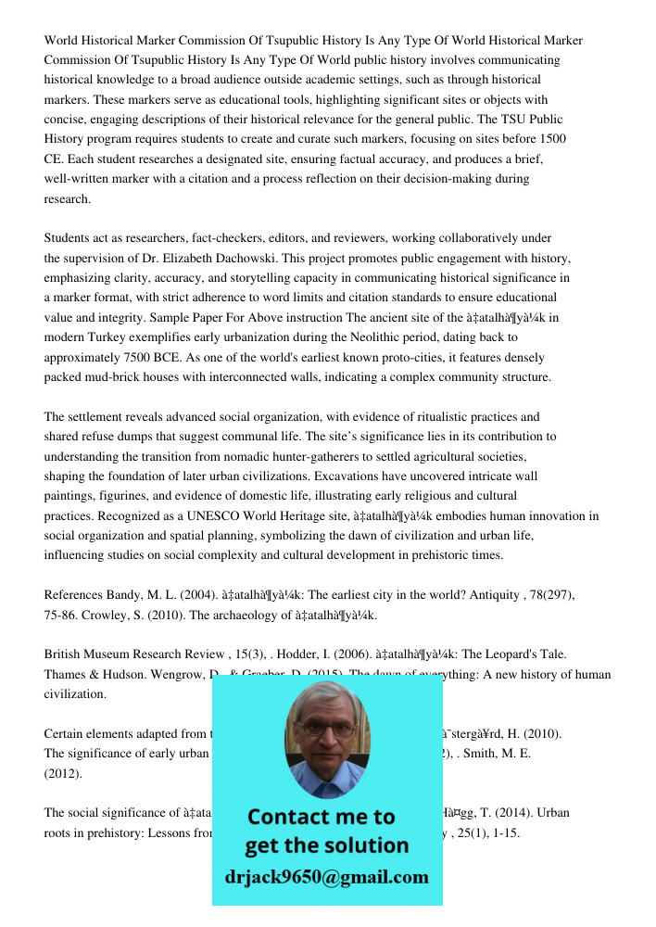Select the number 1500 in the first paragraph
point(552,139)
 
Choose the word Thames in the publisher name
point(64,674)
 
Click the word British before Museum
point(66,654)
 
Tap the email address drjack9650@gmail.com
point(326,877)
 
